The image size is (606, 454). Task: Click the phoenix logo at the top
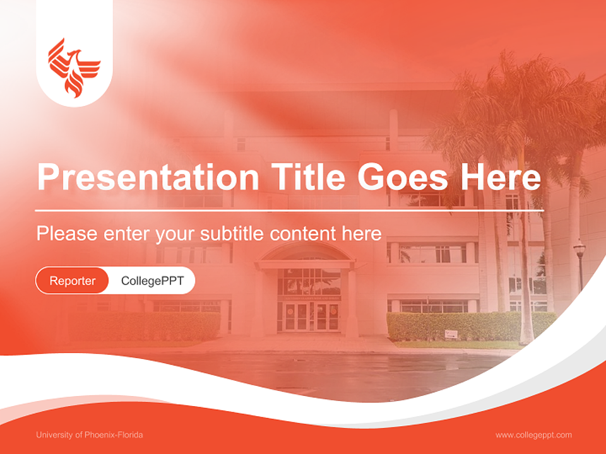tap(74, 68)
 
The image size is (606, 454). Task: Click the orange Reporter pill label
tap(73, 281)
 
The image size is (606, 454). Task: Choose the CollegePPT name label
tap(152, 281)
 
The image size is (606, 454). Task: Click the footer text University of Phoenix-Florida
tap(90, 435)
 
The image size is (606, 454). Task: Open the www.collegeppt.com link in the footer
tap(533, 435)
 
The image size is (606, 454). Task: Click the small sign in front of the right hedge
tap(451, 334)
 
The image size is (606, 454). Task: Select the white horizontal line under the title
tap(289, 210)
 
